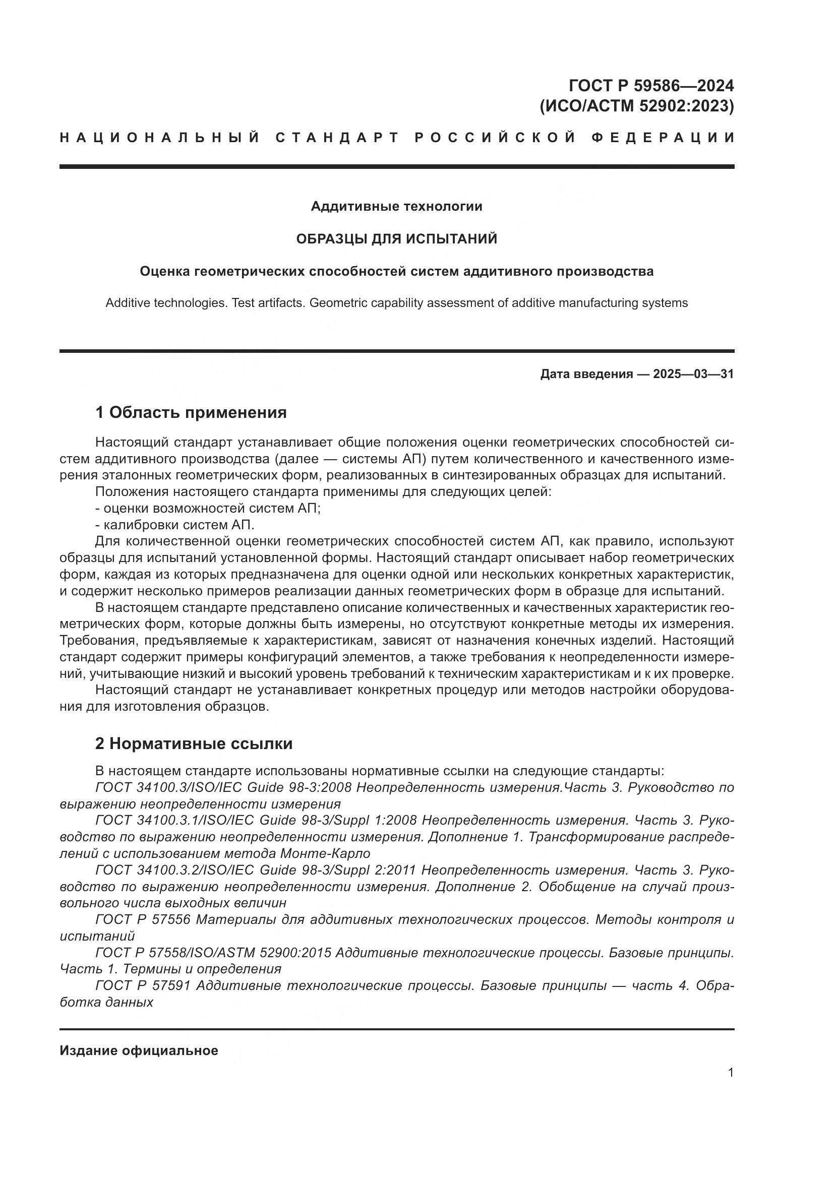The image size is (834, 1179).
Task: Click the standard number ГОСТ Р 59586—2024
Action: (651, 85)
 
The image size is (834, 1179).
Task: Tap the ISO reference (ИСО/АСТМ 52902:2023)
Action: (636, 106)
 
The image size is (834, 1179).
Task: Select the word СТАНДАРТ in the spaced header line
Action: (337, 138)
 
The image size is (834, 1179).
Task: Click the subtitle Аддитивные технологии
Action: (396, 207)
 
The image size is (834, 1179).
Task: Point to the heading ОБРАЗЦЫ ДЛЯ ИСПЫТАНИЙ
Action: (396, 239)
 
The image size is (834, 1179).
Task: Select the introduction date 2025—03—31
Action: (693, 374)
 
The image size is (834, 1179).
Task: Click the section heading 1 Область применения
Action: (191, 412)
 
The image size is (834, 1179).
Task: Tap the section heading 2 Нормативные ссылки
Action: (194, 743)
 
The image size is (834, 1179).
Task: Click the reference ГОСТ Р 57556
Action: (143, 920)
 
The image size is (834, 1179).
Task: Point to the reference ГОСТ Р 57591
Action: (143, 985)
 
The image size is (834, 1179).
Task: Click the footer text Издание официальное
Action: (139, 1050)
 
